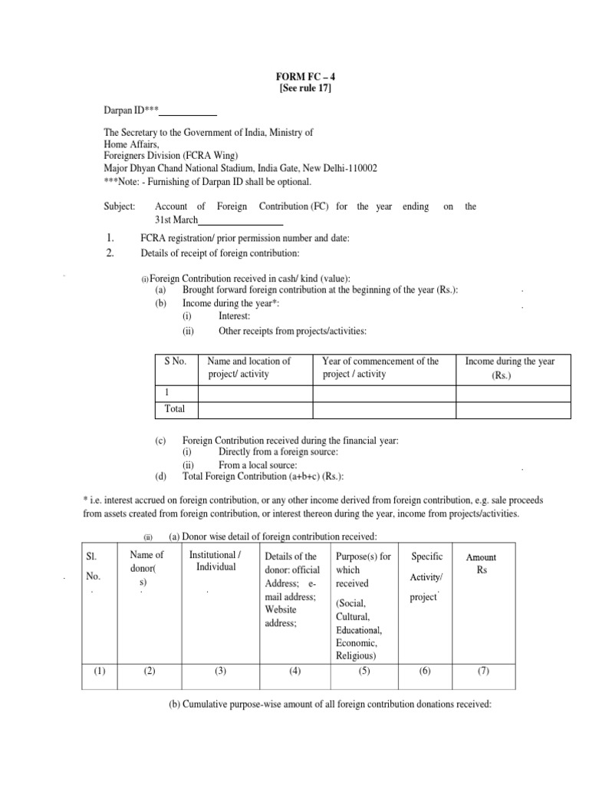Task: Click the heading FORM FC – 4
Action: click(305, 78)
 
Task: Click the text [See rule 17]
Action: click(305, 89)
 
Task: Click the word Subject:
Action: click(119, 206)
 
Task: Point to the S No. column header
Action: click(176, 361)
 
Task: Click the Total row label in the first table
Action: click(175, 409)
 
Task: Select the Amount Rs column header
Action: click(482, 563)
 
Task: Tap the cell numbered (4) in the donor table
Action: click(294, 671)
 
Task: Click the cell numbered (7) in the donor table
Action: click(482, 671)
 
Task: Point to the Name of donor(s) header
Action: click(149, 569)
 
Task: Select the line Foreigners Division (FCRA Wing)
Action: click(172, 157)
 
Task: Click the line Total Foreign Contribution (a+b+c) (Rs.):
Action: click(257, 475)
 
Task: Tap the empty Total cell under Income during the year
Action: click(513, 410)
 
